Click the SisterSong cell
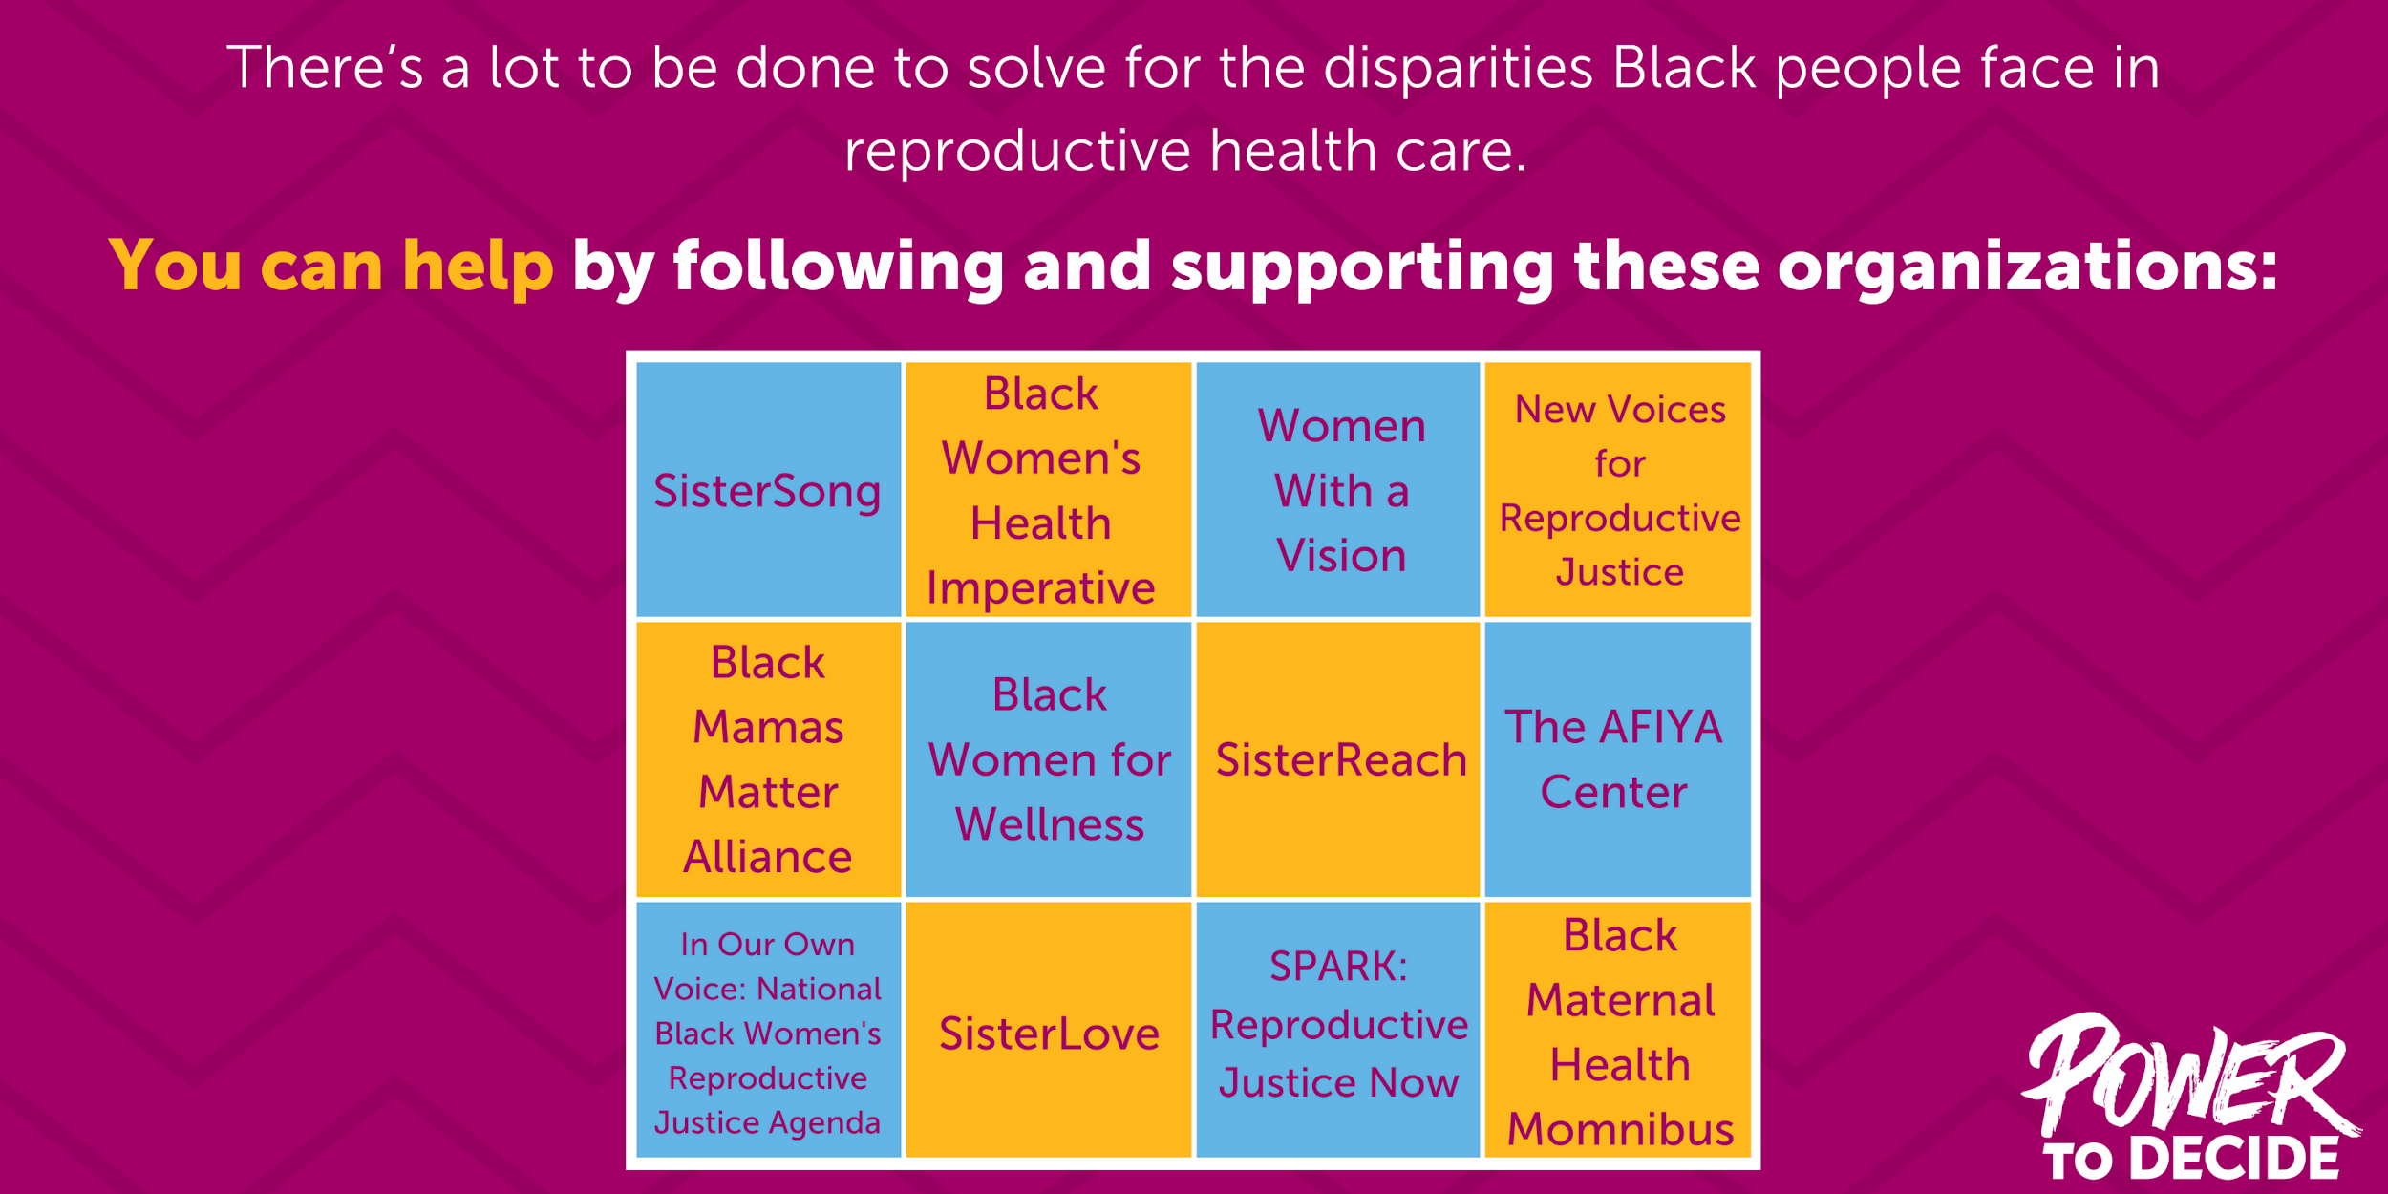point(768,490)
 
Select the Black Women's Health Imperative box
point(1048,490)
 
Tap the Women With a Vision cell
point(1337,490)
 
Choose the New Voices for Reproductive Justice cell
point(1617,490)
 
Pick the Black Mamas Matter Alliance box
point(768,759)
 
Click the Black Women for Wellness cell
point(1048,759)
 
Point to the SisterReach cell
point(1337,759)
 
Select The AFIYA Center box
point(1617,759)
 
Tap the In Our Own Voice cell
point(768,1031)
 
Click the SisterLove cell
point(1048,1033)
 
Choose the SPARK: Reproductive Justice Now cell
point(1337,1031)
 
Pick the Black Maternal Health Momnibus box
point(1617,1031)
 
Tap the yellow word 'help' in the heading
point(477,266)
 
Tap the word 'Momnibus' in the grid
point(1620,1129)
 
